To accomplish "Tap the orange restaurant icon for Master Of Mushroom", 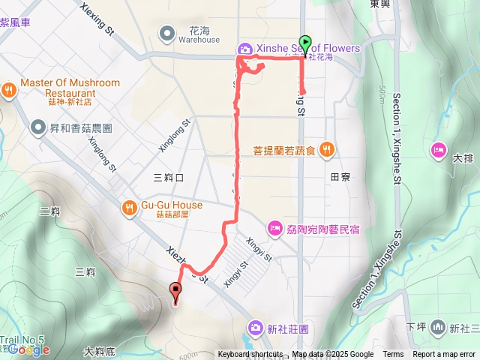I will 9,88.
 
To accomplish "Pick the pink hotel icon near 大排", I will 437,150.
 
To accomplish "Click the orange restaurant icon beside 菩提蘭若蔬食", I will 325,149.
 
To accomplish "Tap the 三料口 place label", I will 168,178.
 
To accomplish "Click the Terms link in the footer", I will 393,355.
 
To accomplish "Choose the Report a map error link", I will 443,355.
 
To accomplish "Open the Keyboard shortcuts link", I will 250,355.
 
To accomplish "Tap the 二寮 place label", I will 50,211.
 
